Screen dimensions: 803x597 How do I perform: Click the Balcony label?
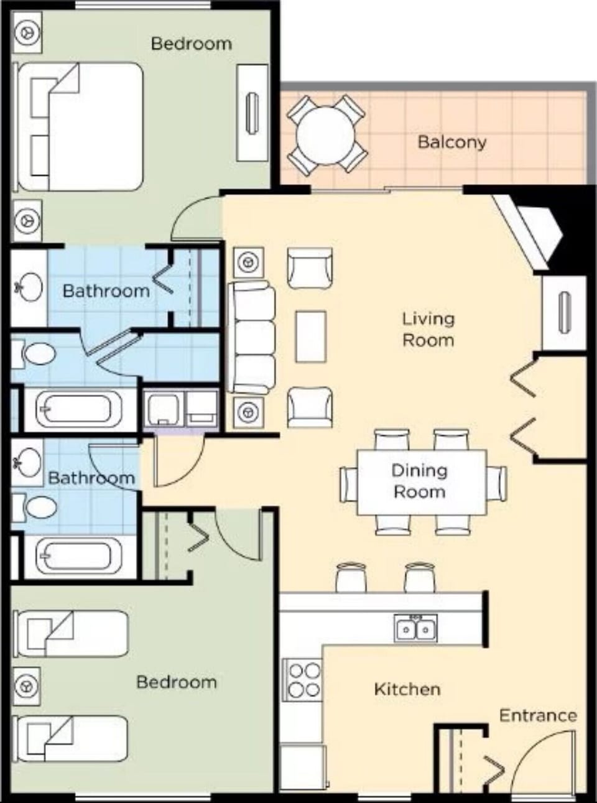451,142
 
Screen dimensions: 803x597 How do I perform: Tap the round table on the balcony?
325,134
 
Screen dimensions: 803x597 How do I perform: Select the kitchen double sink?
415,628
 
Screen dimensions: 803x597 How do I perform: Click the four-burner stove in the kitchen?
304,680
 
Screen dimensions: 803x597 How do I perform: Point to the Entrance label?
537,715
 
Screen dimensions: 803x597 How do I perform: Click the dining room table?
421,481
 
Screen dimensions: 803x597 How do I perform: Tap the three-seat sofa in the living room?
252,337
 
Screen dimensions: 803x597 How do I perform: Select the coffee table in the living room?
310,337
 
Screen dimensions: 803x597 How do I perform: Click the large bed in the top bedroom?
81,126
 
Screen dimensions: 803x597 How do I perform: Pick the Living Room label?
428,329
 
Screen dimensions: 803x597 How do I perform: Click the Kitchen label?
407,689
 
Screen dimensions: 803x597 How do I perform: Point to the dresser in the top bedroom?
252,113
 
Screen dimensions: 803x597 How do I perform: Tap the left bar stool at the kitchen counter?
351,577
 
